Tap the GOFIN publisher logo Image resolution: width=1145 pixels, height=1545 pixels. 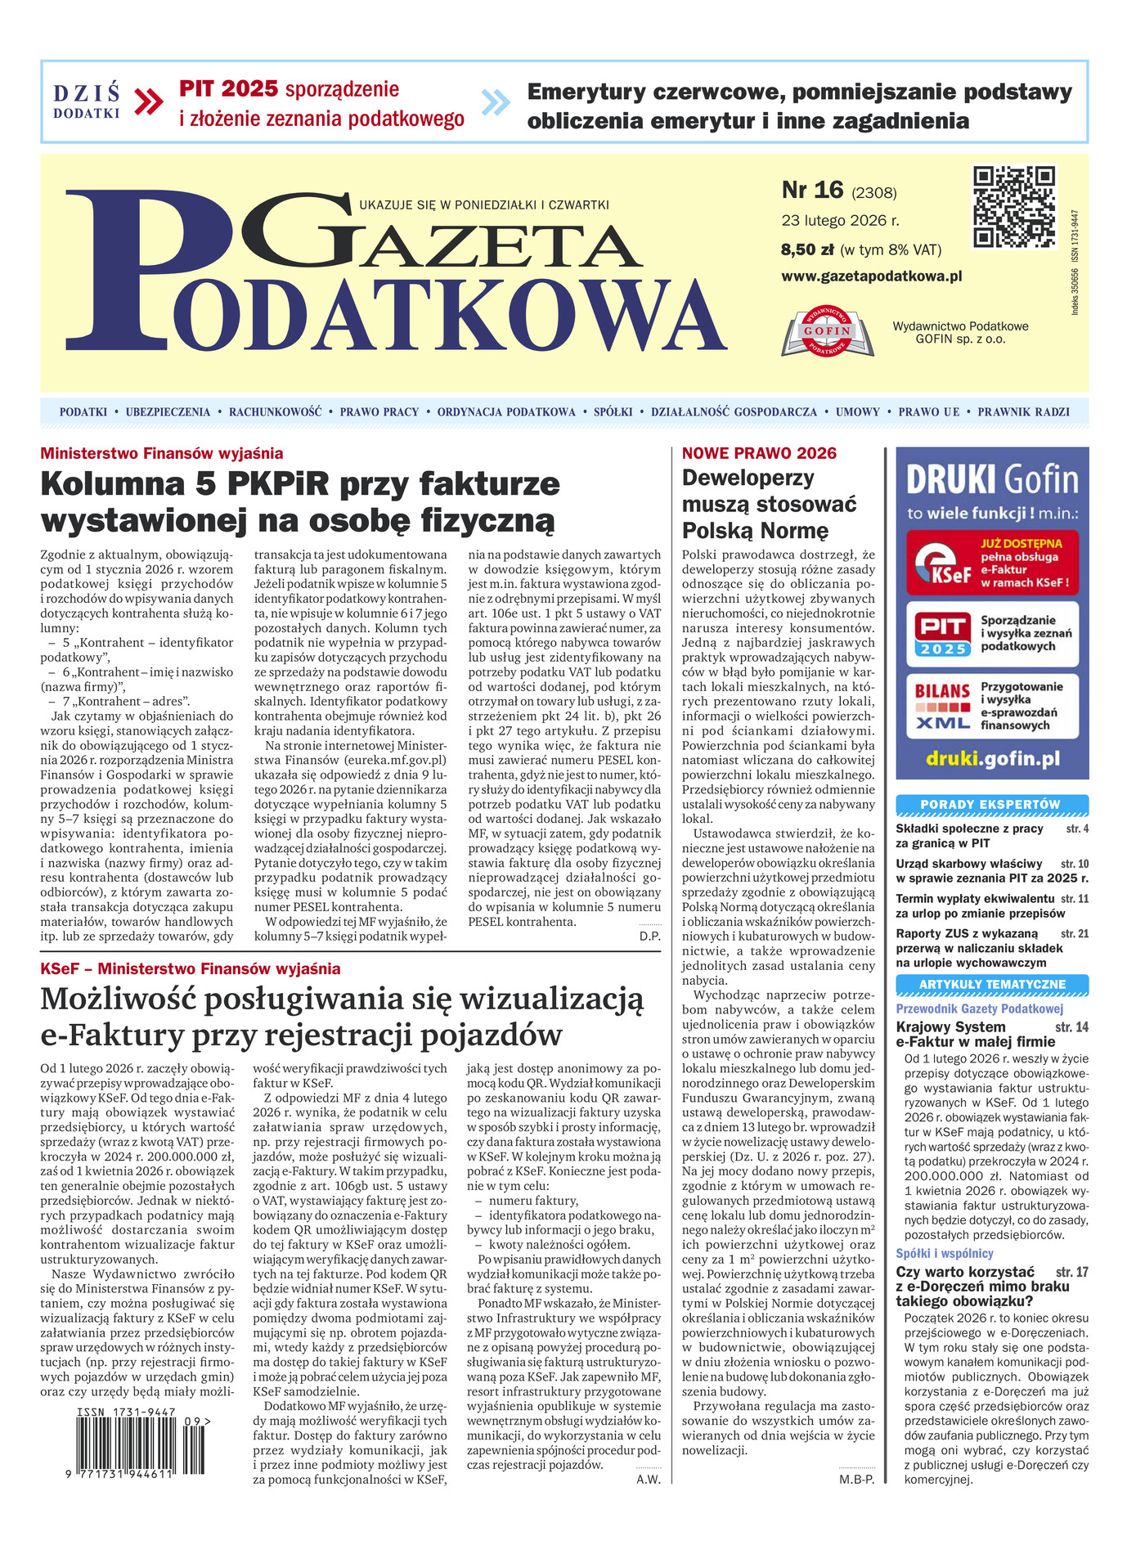point(828,331)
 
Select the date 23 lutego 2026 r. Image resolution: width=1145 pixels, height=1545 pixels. point(840,221)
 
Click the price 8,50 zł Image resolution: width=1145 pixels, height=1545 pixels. point(807,249)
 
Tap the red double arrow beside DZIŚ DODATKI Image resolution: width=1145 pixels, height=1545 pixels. point(148,102)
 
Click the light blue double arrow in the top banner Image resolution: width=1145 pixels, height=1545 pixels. point(496,102)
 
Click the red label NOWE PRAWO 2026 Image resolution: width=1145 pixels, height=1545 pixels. point(759,454)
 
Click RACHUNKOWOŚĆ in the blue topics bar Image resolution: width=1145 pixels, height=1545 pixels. point(275,412)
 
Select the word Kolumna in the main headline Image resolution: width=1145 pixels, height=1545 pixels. point(113,484)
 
